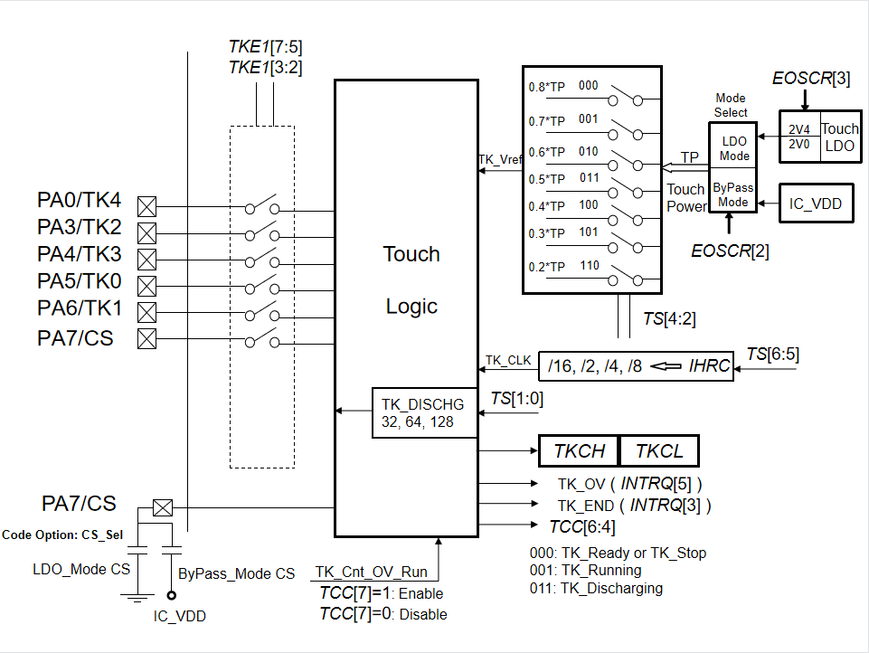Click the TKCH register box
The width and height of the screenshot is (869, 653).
click(x=579, y=450)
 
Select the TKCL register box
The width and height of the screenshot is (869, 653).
click(x=659, y=450)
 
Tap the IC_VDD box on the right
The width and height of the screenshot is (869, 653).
click(x=815, y=203)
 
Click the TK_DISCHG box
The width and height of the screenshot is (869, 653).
click(x=423, y=412)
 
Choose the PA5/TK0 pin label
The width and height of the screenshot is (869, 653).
click(x=80, y=284)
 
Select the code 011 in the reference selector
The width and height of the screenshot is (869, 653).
click(x=588, y=178)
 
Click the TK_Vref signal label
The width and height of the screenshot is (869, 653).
click(x=500, y=160)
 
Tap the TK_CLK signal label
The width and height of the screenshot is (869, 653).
click(x=507, y=360)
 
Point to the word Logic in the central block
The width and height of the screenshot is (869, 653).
click(x=411, y=306)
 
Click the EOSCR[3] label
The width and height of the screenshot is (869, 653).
click(x=811, y=79)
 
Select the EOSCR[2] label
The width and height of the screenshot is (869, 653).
click(x=730, y=251)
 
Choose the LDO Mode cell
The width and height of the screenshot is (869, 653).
click(x=733, y=149)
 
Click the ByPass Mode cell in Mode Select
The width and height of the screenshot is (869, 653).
click(x=733, y=194)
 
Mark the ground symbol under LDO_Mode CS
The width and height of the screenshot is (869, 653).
click(x=137, y=594)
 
